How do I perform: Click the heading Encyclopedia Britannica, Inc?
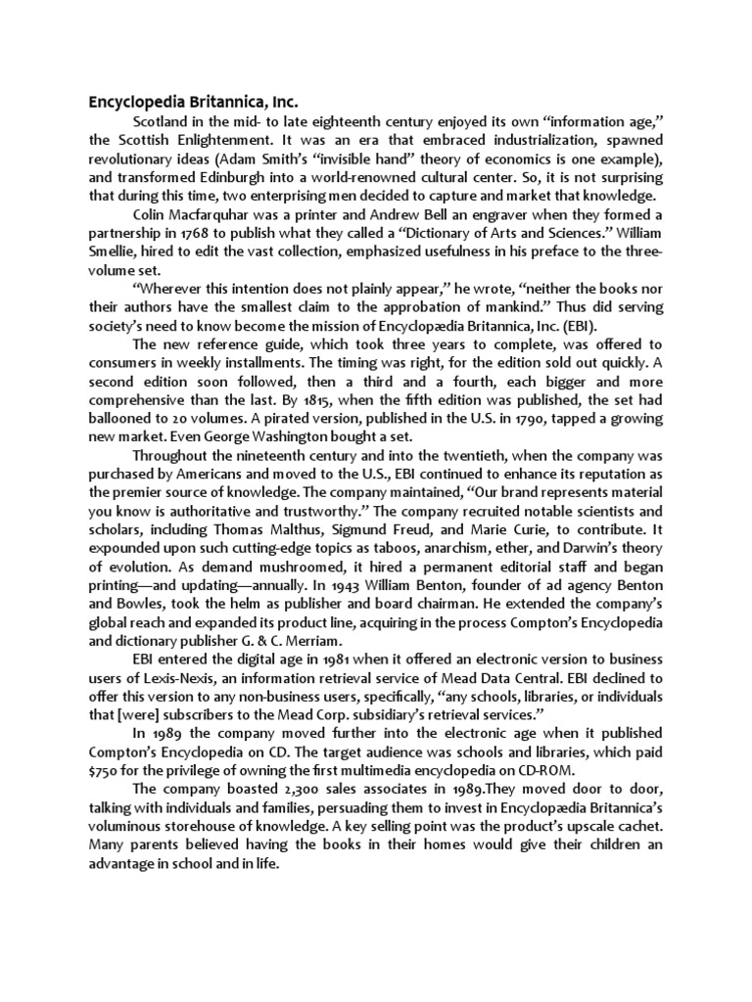point(193,101)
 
